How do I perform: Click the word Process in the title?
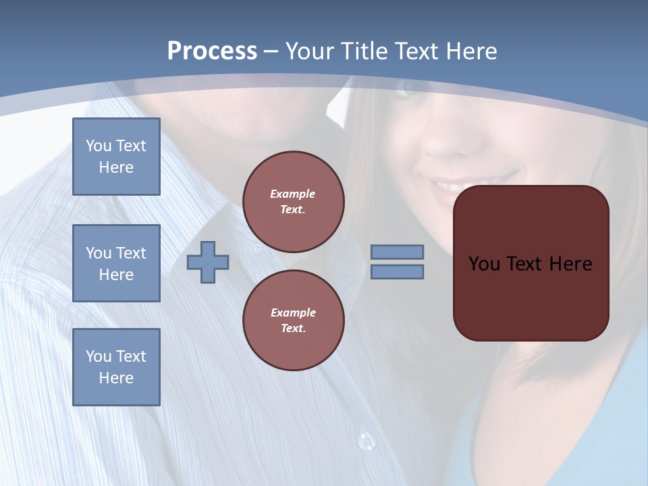[x=212, y=51]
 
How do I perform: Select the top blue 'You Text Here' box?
[x=116, y=157]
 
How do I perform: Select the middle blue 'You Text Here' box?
[x=116, y=263]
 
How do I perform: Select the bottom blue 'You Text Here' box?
[x=116, y=367]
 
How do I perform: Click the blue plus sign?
[x=208, y=263]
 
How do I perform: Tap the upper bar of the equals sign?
[x=397, y=252]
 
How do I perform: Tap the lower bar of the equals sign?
[x=397, y=271]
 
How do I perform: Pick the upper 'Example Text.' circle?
[x=293, y=201]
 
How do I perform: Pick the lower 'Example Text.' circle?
[x=293, y=320]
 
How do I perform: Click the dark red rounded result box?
[x=531, y=297]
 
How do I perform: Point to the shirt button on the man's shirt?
[x=366, y=441]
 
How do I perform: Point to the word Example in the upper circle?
[x=293, y=194]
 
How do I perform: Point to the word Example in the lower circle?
[x=293, y=313]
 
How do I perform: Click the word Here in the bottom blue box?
[x=116, y=378]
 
